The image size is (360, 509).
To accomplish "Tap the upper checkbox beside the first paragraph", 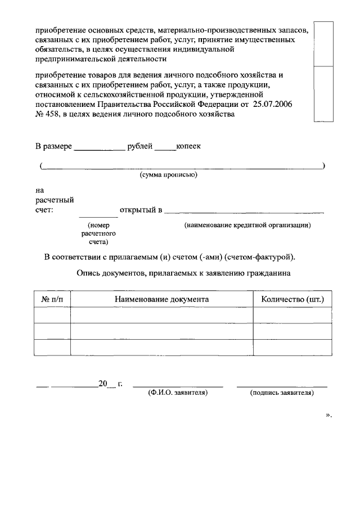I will (x=323, y=44).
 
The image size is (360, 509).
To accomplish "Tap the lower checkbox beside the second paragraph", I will (x=323, y=93).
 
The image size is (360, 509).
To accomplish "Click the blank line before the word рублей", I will (x=100, y=147).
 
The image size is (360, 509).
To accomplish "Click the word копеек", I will (x=188, y=146).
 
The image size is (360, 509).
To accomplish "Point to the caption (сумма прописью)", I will (x=168, y=175).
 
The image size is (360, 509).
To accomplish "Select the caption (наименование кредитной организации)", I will (x=247, y=225).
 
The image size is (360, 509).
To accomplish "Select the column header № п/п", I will (x=52, y=299).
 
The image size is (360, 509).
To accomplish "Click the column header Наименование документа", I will (x=162, y=299).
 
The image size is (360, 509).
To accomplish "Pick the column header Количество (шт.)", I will (x=292, y=299).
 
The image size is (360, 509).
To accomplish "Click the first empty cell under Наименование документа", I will (x=162, y=316).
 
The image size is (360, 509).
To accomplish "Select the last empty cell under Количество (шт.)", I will (x=292, y=348).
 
